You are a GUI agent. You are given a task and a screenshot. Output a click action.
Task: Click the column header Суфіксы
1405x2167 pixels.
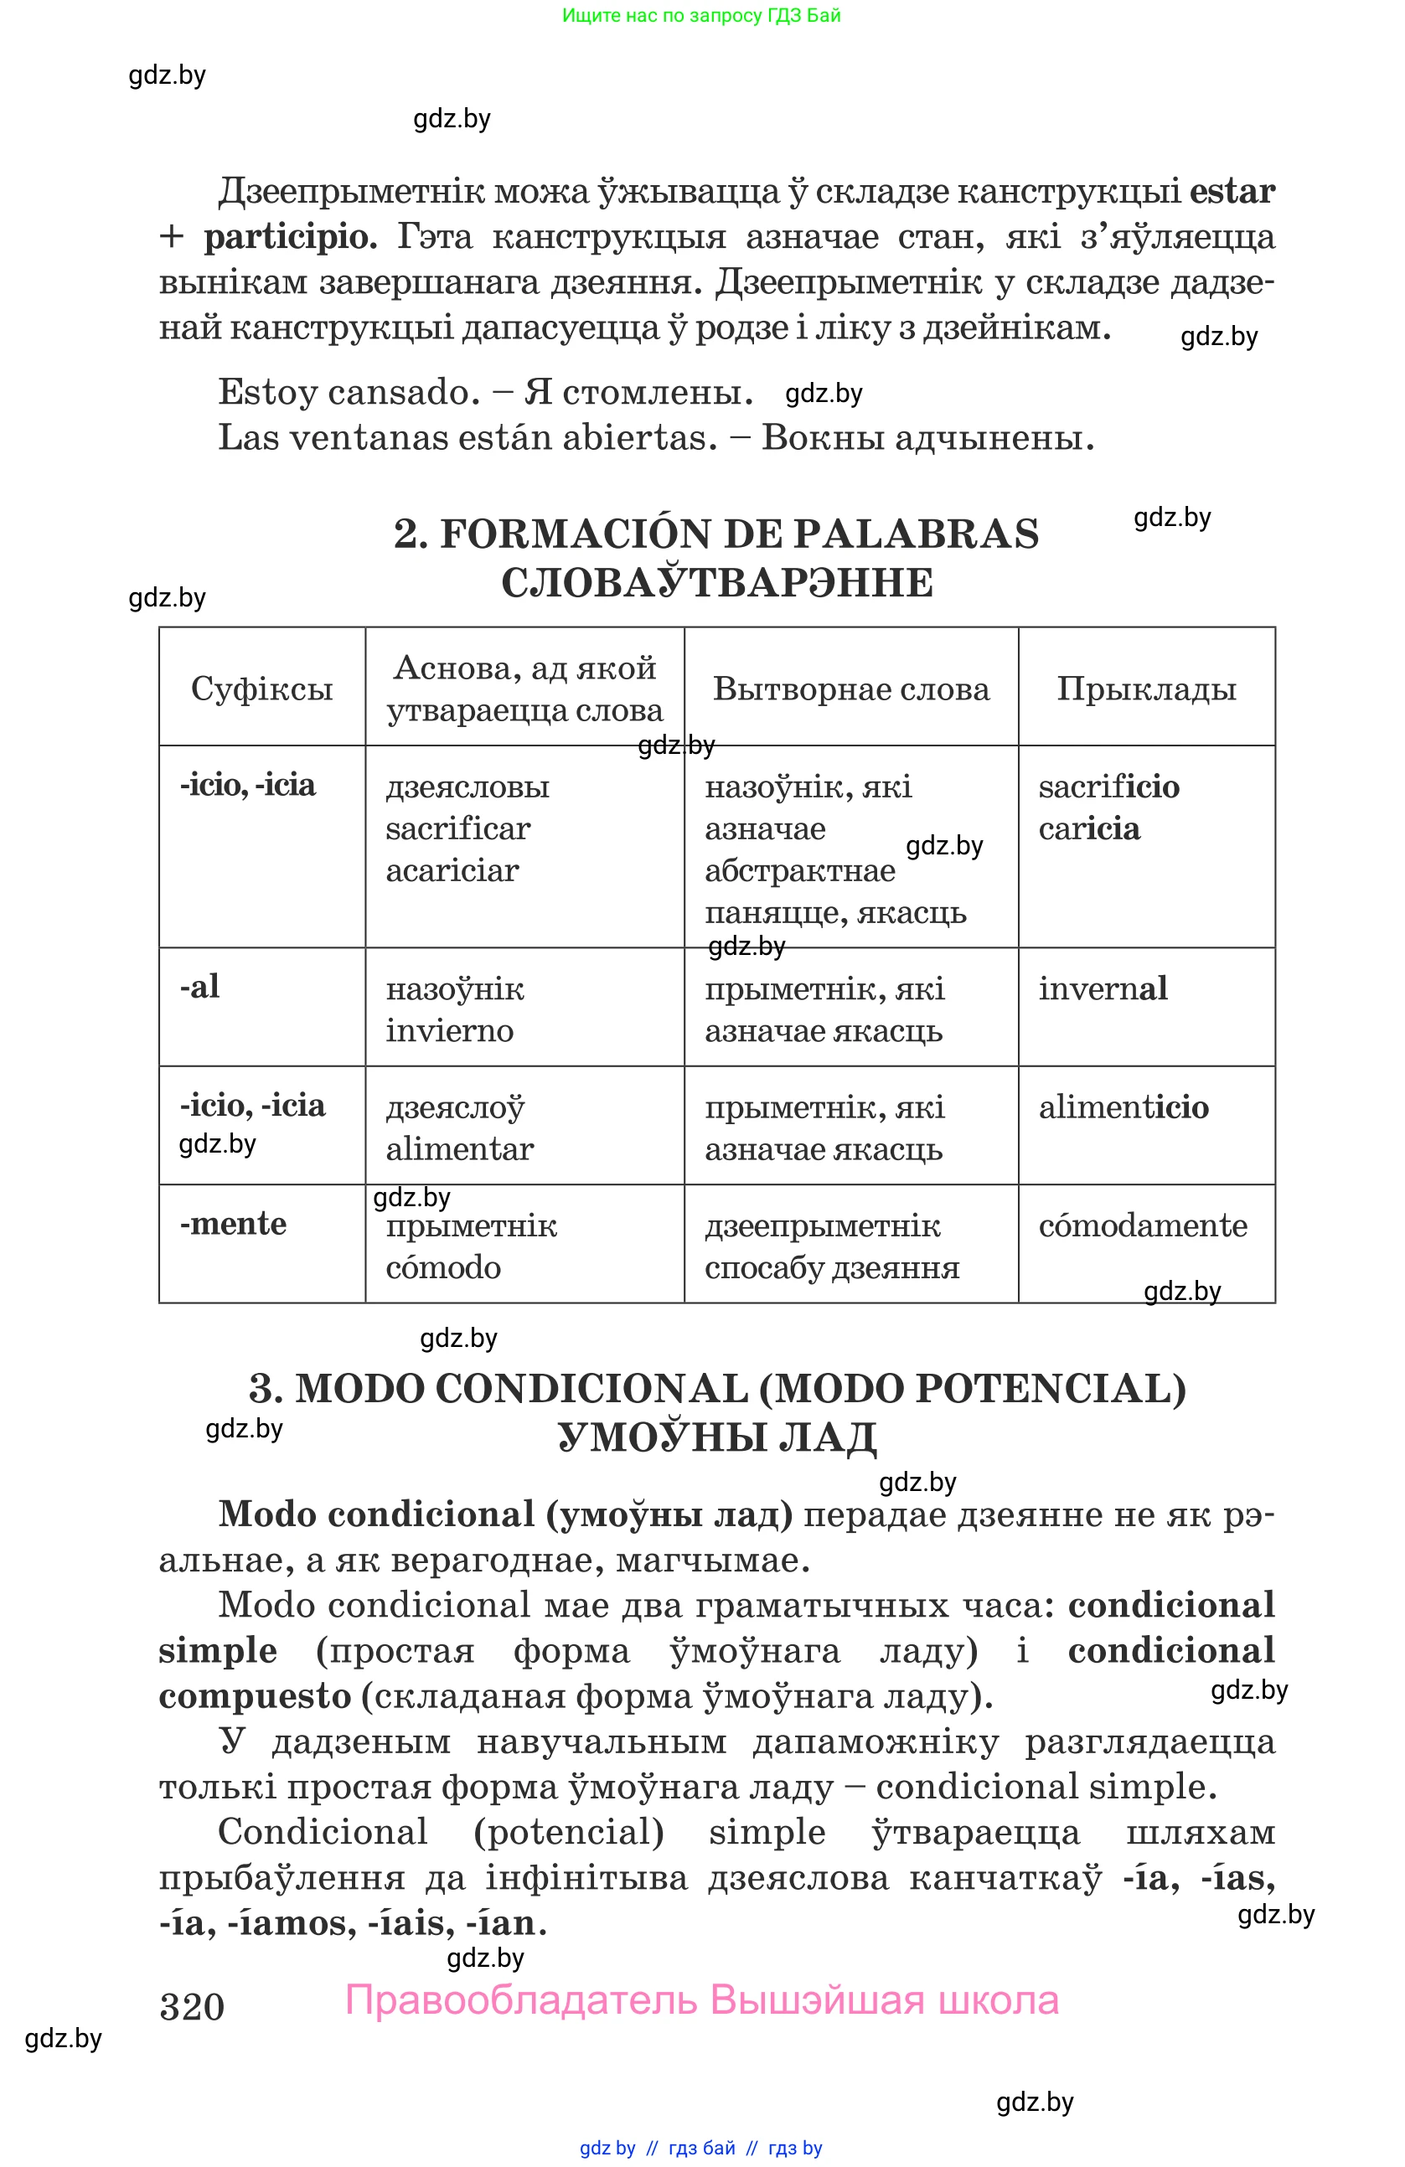[261, 689]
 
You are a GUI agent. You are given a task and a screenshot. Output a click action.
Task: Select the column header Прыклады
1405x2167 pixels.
[1145, 689]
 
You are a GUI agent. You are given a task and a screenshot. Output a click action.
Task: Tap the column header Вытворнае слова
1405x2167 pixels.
[850, 689]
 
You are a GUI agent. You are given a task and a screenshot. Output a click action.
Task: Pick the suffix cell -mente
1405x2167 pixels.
[233, 1223]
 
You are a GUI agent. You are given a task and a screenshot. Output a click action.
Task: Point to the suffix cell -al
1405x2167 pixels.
[200, 986]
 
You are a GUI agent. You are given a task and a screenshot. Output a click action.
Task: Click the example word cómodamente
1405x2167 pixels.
[1142, 1225]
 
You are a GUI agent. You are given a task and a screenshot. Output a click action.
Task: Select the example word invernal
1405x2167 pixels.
[1103, 988]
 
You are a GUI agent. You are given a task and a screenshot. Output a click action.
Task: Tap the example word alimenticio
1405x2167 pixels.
[1123, 1107]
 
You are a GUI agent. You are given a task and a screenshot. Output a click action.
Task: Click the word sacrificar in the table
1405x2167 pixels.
[457, 828]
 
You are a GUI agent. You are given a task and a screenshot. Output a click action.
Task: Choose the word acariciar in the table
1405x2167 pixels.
[452, 870]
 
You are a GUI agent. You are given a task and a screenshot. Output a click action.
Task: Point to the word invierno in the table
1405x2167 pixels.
[449, 1030]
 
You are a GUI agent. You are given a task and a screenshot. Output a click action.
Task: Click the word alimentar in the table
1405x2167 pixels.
[459, 1149]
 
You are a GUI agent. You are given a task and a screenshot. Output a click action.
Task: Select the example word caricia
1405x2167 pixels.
[1089, 828]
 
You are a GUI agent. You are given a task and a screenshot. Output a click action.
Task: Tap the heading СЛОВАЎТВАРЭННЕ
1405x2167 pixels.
[716, 583]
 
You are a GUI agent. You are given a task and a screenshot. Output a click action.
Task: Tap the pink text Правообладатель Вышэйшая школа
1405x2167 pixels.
[702, 2000]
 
